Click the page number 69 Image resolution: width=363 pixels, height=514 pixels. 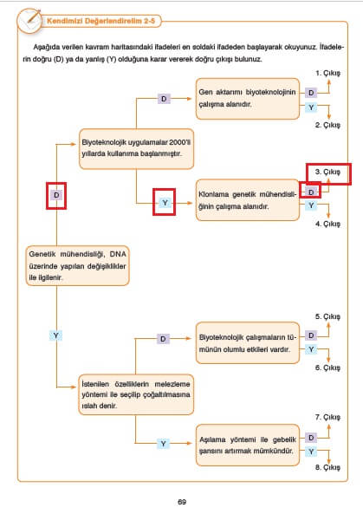(182, 502)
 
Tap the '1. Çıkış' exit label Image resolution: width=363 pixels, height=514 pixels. (327, 73)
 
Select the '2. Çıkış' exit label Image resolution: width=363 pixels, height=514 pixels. (327, 125)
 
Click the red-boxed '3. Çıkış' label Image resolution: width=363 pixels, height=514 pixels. (327, 172)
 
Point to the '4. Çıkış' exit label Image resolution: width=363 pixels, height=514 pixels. (327, 224)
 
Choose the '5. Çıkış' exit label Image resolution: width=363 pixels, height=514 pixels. (327, 316)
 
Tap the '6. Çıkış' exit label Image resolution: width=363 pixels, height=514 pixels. (327, 368)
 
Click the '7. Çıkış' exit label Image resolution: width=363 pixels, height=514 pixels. (327, 417)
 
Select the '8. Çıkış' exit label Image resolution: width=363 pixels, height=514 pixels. (327, 467)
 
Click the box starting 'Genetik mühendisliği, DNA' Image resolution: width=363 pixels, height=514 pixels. (77, 265)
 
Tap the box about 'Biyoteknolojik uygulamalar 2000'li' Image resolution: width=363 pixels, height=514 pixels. (136, 149)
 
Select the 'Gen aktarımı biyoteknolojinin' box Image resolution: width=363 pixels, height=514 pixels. (248, 99)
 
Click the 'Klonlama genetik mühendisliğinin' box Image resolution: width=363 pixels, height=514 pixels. (248, 200)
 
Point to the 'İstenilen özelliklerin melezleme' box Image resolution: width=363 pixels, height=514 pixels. (136, 394)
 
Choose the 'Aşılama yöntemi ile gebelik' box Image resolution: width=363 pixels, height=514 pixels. (248, 446)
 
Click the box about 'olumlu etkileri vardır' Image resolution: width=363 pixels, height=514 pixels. (248, 343)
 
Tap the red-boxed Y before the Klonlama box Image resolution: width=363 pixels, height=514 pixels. (165, 203)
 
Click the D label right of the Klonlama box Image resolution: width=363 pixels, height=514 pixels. (311, 192)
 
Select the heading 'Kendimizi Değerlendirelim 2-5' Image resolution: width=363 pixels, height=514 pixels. (100, 21)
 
